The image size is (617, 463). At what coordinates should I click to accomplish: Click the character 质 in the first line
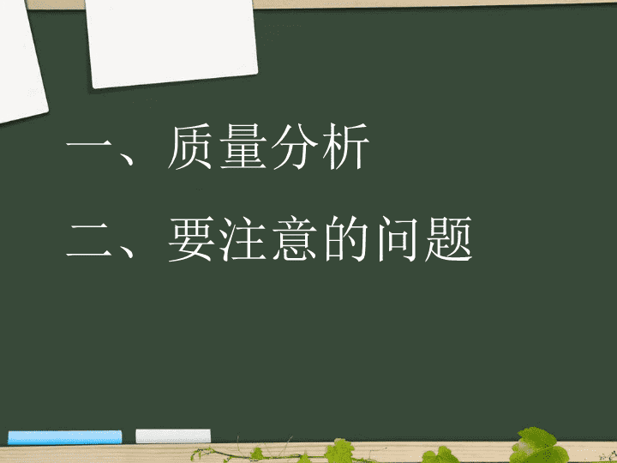click(190, 147)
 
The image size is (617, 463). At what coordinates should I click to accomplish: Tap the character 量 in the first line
click(243, 147)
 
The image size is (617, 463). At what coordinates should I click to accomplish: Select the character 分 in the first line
click(295, 147)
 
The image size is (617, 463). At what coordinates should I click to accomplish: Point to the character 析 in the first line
click(346, 147)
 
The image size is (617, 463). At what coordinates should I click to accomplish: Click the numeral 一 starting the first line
click(90, 146)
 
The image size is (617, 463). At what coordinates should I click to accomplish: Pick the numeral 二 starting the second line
click(90, 240)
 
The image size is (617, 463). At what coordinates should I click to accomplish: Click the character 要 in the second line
click(192, 239)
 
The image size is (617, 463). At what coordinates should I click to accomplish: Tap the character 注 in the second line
click(243, 239)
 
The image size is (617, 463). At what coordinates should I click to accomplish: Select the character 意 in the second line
click(295, 239)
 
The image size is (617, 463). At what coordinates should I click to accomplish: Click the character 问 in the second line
click(398, 239)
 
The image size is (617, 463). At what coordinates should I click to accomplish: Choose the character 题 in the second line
click(448, 239)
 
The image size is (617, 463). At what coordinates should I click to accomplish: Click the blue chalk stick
click(65, 437)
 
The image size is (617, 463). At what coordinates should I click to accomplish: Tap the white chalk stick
click(173, 436)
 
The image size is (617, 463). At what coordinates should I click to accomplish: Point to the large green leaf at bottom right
click(538, 446)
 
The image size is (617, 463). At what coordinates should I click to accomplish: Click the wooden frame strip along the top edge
click(433, 3)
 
